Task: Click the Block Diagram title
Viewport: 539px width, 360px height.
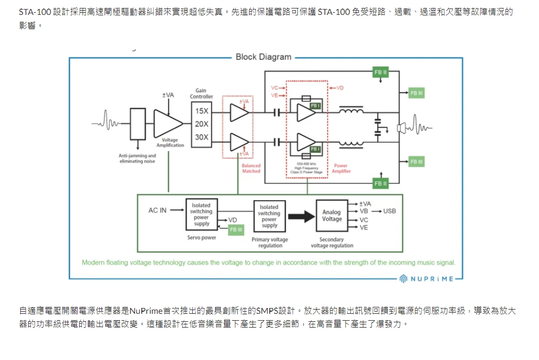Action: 263,57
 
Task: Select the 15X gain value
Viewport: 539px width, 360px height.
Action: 201,111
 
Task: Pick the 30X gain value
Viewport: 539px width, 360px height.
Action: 201,137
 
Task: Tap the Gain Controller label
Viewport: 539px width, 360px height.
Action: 201,93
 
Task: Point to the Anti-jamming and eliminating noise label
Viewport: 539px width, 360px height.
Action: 137,158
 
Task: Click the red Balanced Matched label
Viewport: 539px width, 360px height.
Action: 251,168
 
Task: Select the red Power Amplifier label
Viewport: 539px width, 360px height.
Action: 341,168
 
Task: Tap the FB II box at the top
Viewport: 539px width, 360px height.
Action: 381,72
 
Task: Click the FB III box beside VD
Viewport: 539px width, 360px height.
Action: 235,229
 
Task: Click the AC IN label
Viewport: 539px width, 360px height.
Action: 157,210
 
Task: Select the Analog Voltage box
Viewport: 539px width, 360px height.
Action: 332,215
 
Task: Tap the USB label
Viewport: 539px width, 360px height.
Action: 389,211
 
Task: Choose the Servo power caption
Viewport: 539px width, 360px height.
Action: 201,237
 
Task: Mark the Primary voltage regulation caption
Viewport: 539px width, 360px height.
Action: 269,243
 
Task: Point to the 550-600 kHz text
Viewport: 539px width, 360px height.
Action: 307,164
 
